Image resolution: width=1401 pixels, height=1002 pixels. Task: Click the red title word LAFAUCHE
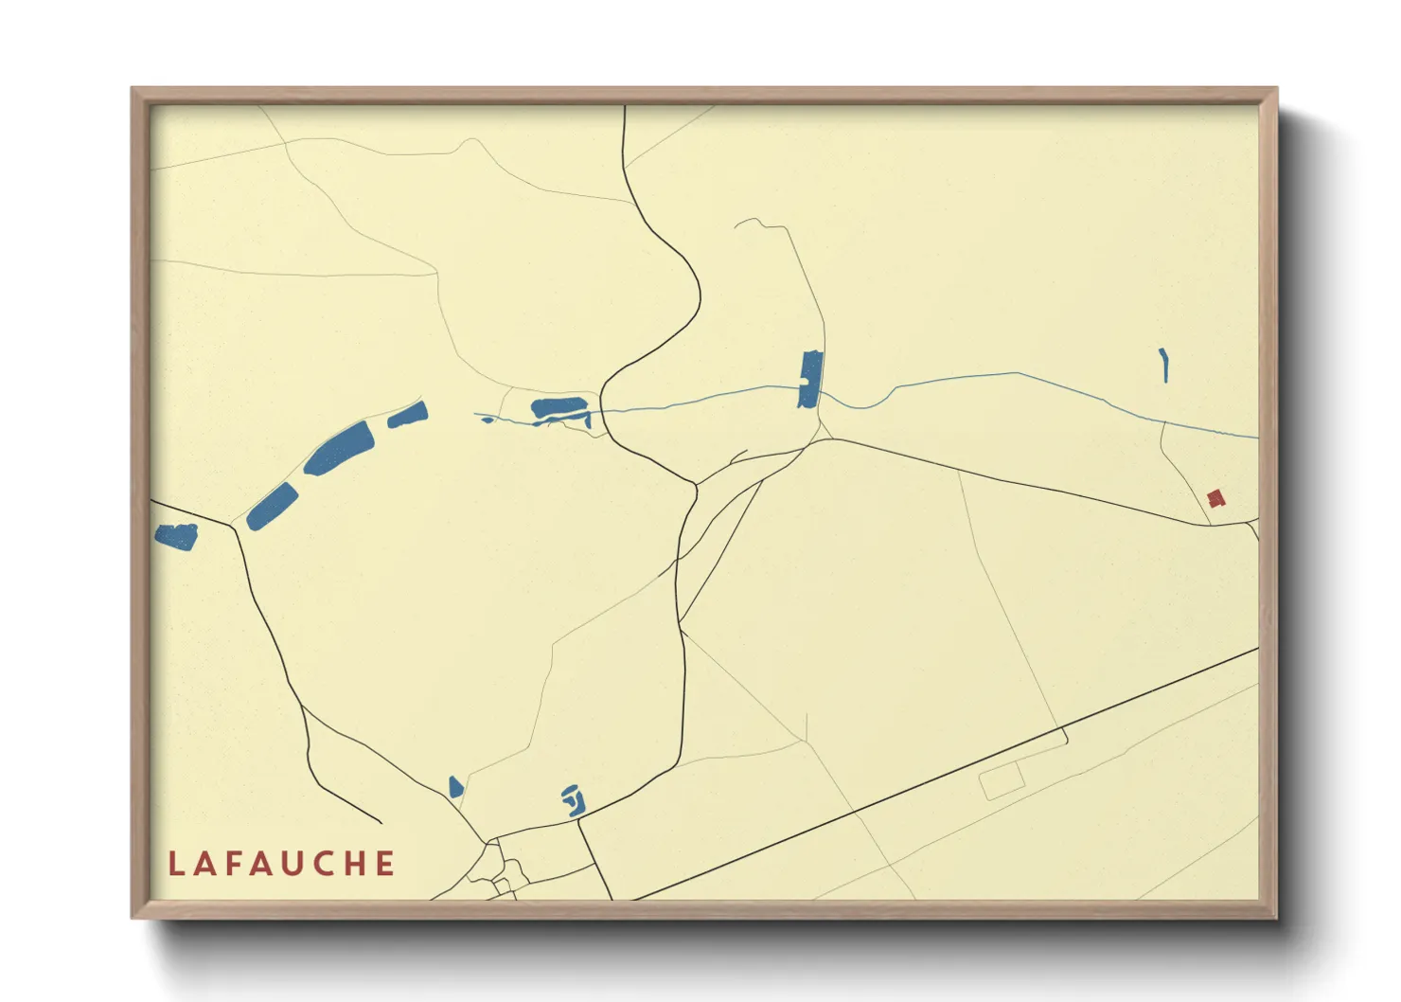click(282, 864)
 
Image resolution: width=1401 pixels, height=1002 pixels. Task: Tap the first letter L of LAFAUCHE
click(176, 864)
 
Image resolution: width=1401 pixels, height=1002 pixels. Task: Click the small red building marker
click(1215, 497)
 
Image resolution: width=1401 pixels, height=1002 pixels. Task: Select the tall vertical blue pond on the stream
click(809, 379)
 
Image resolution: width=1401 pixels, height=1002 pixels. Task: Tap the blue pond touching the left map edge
click(176, 537)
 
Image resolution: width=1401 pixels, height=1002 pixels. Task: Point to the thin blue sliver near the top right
click(1163, 365)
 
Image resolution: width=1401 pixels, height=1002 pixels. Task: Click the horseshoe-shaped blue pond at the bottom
click(572, 801)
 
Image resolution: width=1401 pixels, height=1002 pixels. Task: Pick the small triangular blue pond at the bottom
click(455, 787)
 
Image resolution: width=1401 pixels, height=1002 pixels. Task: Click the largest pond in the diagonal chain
click(339, 448)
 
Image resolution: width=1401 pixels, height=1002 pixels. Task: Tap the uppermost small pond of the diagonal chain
click(408, 415)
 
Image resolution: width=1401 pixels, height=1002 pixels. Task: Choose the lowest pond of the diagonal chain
click(272, 506)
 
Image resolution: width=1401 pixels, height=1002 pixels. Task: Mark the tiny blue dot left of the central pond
click(488, 419)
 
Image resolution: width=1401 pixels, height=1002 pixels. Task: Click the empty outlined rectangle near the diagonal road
click(1002, 781)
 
